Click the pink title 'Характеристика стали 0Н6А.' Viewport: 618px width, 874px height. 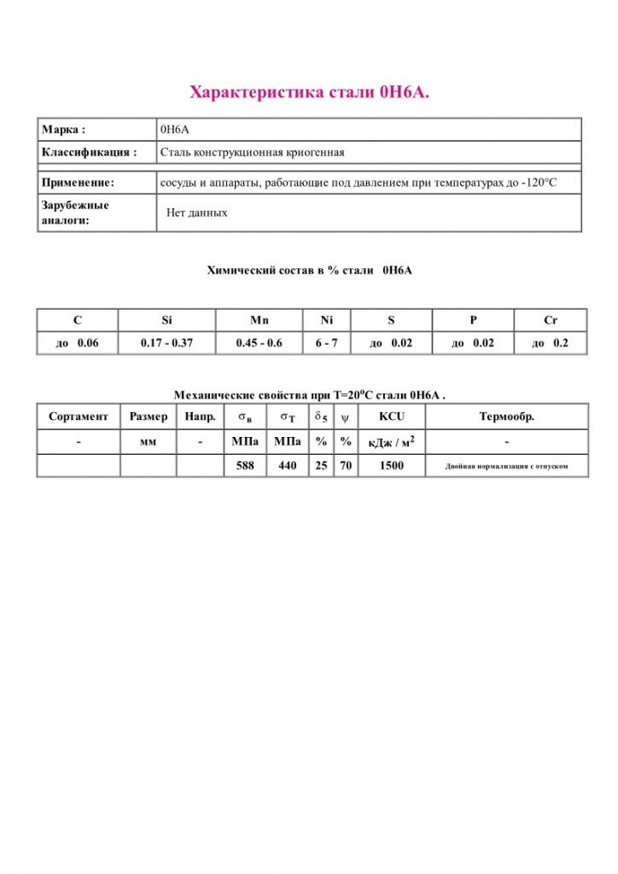(309, 91)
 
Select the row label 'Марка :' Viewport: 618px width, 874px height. (63, 130)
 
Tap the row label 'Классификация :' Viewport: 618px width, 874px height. (89, 153)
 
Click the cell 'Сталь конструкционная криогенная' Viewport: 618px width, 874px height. (253, 153)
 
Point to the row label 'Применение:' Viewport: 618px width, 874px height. (78, 183)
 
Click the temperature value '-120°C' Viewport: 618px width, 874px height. (539, 183)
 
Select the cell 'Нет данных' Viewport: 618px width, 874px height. (197, 213)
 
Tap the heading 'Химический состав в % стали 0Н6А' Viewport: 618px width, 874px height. (309, 271)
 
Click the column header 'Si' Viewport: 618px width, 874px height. (166, 320)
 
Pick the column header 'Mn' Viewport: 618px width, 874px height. (259, 320)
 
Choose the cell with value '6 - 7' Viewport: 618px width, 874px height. (326, 343)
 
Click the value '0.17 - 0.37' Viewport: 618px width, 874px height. (166, 343)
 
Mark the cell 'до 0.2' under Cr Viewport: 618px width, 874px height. (550, 343)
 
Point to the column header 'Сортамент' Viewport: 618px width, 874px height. (79, 417)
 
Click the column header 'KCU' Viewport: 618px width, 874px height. (391, 417)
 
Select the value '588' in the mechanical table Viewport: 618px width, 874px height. (245, 466)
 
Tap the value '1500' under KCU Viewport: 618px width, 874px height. (391, 466)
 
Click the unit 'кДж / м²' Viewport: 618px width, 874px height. (391, 442)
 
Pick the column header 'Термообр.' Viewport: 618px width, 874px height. (506, 417)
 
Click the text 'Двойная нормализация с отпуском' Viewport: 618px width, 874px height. (506, 467)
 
